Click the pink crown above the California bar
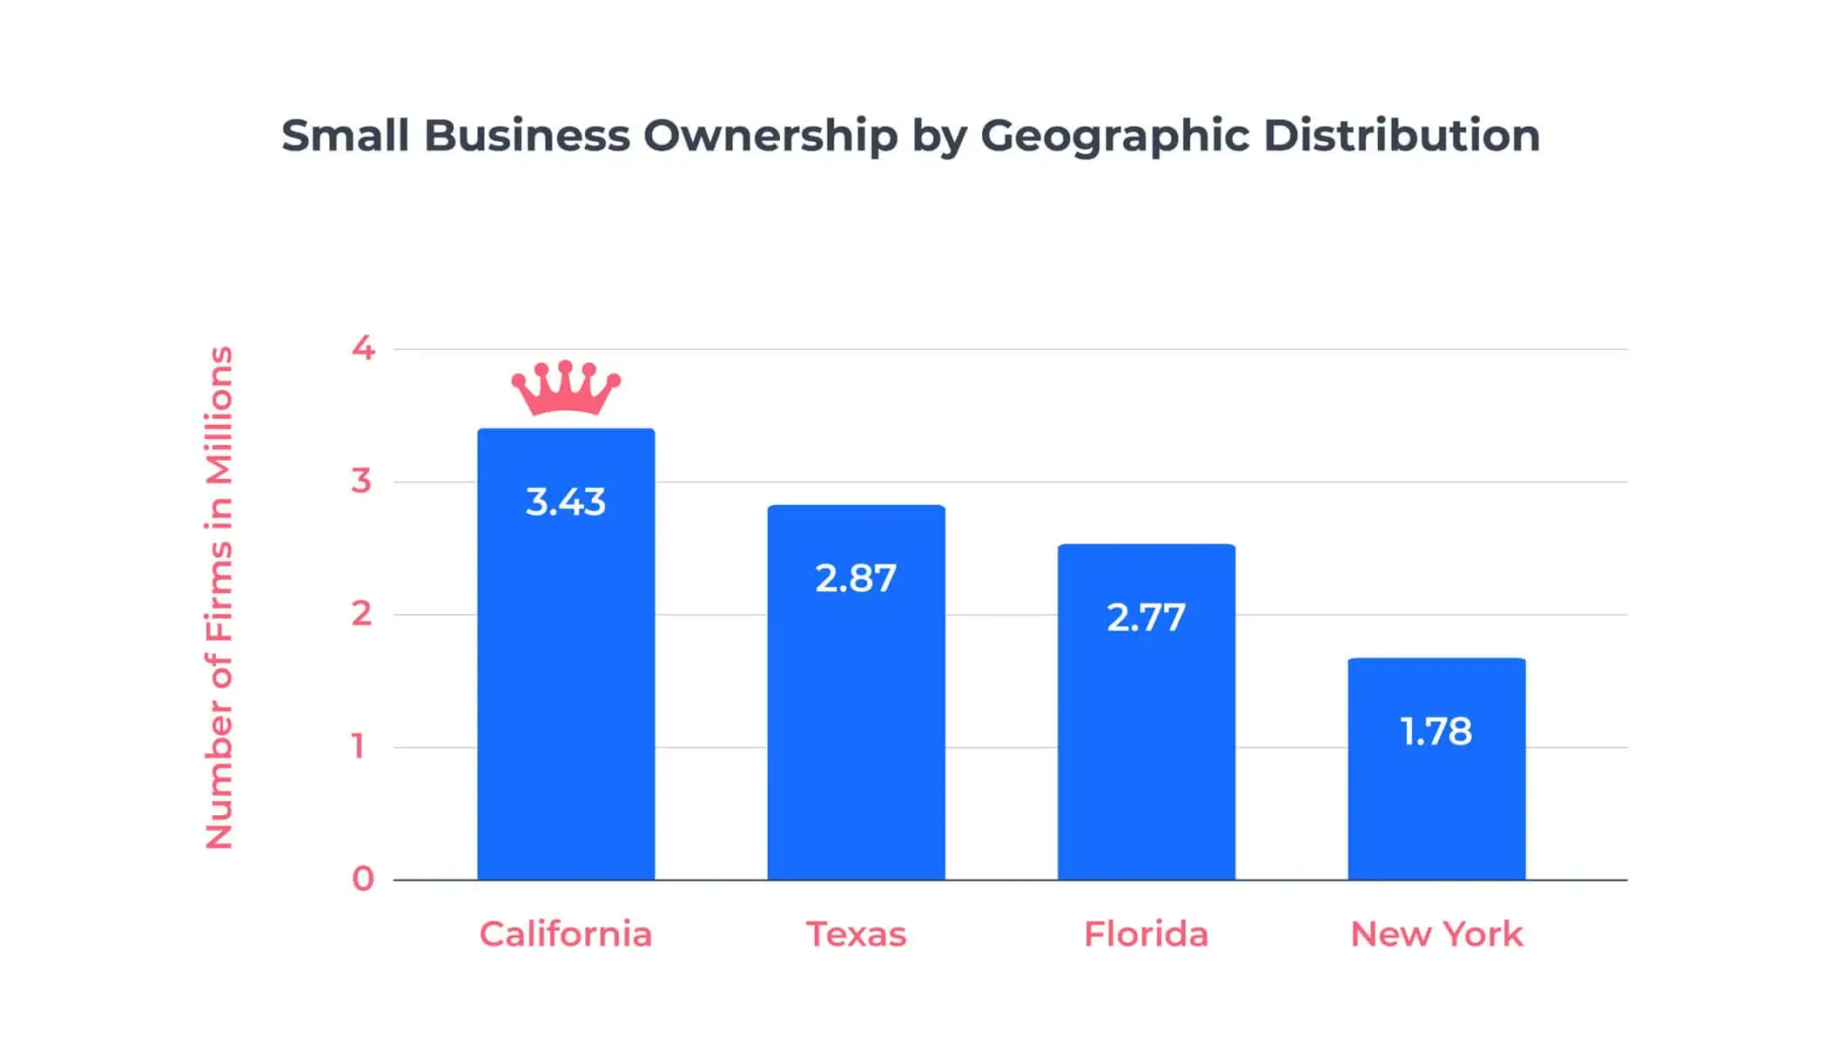coord(566,388)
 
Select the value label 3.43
coord(566,502)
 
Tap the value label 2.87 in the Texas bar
coord(856,579)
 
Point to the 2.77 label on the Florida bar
coord(1146,618)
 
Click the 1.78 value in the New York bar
coord(1436,731)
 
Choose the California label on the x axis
coord(566,934)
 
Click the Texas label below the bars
coord(856,934)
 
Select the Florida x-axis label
coord(1146,934)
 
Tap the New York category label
coord(1436,934)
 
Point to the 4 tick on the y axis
coord(363,348)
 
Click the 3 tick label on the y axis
coord(361,481)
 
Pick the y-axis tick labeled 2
coord(361,614)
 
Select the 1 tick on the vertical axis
coord(358,746)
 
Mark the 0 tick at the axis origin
coord(362,879)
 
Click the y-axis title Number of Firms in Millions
coord(219,597)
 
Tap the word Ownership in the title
coord(770,136)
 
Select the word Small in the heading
coord(345,136)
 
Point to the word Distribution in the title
coord(1401,136)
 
